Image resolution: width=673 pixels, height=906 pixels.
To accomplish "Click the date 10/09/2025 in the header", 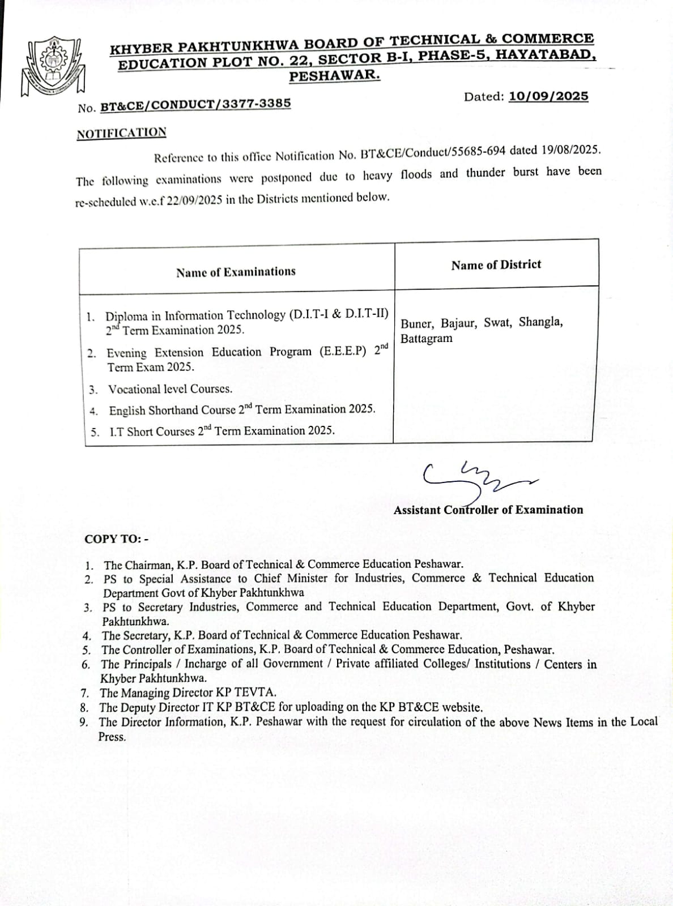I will point(548,96).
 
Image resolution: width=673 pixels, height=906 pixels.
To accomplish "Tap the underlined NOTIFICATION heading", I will point(121,134).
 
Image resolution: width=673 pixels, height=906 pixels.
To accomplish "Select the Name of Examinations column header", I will point(236,272).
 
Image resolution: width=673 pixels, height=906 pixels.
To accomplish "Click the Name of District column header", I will point(496,265).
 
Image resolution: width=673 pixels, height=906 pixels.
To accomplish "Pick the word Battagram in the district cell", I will point(427,339).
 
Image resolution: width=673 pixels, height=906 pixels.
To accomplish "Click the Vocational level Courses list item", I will point(170,390).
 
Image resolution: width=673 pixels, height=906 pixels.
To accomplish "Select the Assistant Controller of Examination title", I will point(488,510).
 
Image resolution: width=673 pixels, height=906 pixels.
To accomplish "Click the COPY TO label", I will point(116,539).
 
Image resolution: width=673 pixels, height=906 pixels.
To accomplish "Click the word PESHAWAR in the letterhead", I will point(334,75).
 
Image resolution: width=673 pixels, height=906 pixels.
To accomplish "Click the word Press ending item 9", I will point(112,737).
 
